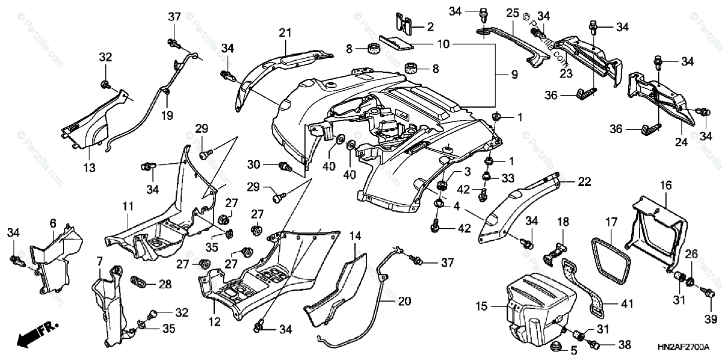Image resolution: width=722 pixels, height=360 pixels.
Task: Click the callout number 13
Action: coord(89,169)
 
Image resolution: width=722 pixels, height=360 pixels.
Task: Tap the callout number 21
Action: coord(285,32)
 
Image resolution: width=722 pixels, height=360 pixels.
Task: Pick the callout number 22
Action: coord(584,181)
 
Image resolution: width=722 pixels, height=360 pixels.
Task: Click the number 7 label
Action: coord(100,262)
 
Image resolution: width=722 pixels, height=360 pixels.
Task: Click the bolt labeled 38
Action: coord(594,344)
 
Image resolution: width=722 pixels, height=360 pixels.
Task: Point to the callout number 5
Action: coord(573,349)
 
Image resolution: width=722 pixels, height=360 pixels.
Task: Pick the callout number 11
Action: coord(128,206)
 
